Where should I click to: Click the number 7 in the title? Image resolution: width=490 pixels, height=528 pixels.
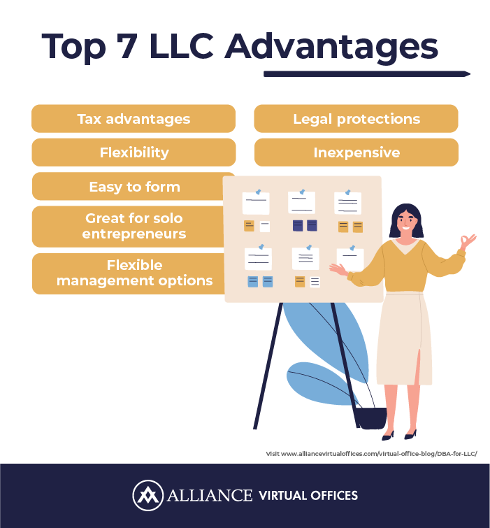[x=127, y=46]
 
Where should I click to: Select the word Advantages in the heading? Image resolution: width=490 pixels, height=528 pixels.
[x=331, y=48]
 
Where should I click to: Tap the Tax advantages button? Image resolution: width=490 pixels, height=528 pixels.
[x=134, y=118]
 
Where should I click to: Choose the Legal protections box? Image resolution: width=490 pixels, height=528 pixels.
[x=356, y=118]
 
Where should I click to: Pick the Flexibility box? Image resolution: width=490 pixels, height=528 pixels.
[x=134, y=152]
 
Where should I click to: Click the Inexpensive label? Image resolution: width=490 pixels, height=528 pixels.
[x=356, y=152]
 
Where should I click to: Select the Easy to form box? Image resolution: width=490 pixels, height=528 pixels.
[x=128, y=186]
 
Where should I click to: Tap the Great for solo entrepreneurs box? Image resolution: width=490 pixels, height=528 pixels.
[x=128, y=227]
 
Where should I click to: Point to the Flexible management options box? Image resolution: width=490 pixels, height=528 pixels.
[x=129, y=273]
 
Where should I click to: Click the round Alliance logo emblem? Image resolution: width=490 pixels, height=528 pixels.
[x=147, y=495]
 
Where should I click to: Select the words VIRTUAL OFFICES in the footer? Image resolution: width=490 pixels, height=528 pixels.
[x=308, y=495]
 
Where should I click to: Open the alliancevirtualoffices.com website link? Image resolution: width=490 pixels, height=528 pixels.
[x=371, y=454]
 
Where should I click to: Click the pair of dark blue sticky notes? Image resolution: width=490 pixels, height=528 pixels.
[x=305, y=225]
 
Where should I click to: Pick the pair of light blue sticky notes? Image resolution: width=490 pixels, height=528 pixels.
[x=260, y=282]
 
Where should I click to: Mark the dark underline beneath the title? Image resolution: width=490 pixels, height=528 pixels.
[x=367, y=73]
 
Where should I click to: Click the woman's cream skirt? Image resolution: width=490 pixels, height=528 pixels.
[x=404, y=338]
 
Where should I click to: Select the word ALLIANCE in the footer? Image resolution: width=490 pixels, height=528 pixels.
[x=209, y=495]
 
